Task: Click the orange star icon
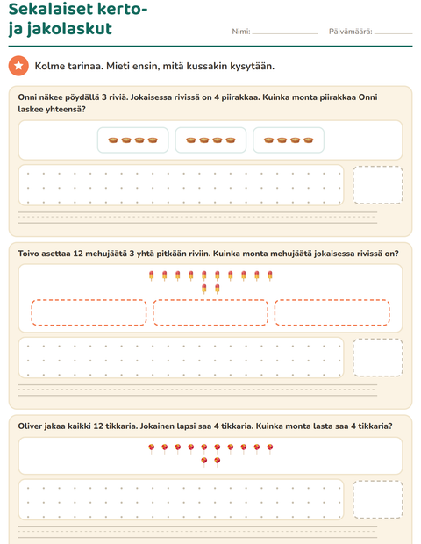click(18, 66)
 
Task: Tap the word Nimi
click(240, 32)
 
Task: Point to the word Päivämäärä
click(350, 32)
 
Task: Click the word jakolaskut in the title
click(69, 29)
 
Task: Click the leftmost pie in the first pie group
click(113, 140)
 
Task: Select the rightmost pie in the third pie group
click(308, 140)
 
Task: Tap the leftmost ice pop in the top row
click(152, 276)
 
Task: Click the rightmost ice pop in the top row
click(270, 276)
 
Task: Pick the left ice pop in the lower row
click(204, 289)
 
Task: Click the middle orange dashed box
click(210, 312)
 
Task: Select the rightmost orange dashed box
click(332, 312)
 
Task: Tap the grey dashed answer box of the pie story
click(378, 185)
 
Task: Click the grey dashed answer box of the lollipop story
click(378, 499)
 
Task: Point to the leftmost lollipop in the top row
click(152, 448)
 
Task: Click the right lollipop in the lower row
click(218, 462)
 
